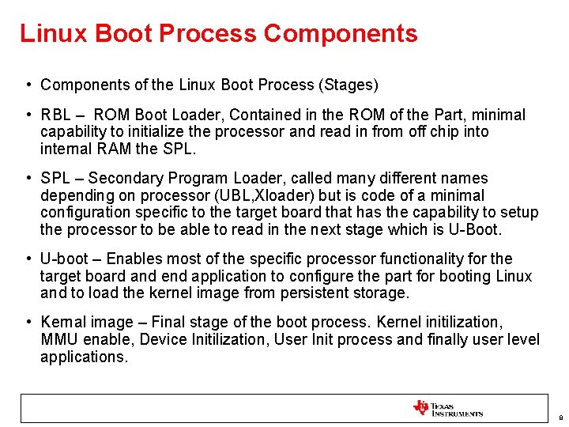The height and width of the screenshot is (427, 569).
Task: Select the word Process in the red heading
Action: tap(208, 34)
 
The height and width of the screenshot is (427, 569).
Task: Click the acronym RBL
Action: tap(56, 115)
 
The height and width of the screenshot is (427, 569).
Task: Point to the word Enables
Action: tap(133, 259)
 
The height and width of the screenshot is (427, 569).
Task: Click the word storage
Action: tap(382, 293)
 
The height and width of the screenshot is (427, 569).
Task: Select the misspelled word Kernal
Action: tap(60, 323)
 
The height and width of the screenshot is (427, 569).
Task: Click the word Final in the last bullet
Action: tap(168, 323)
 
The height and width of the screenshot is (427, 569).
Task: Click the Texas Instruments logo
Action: tap(447, 409)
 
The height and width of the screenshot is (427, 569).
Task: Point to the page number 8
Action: tap(560, 418)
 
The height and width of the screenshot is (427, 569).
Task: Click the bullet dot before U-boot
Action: tap(28, 259)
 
